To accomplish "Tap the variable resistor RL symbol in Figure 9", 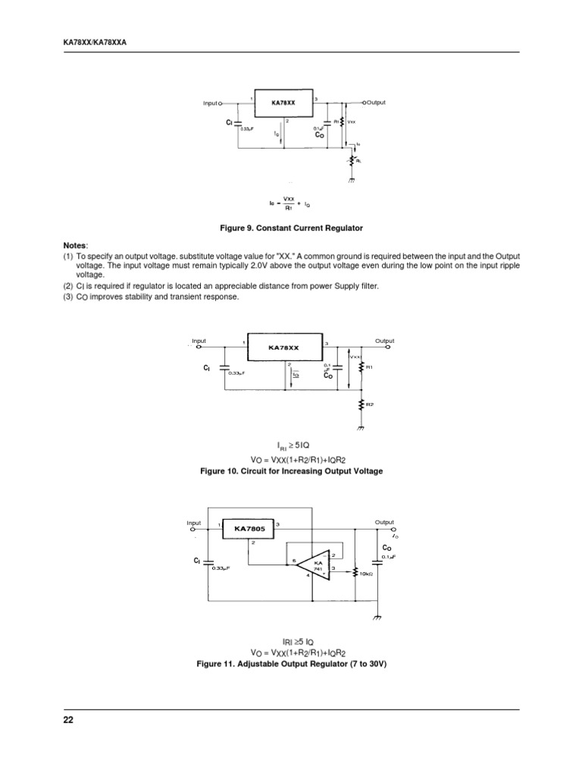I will click(x=351, y=160).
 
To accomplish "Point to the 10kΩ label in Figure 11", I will click(x=367, y=574).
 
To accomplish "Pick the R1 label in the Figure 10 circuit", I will click(x=370, y=367).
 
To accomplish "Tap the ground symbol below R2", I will click(x=362, y=426).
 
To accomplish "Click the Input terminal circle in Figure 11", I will click(x=195, y=529).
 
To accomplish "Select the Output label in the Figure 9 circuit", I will click(x=377, y=102).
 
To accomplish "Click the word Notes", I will click(x=75, y=246).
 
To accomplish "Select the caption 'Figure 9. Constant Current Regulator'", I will click(x=291, y=228).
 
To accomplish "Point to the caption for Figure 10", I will click(x=291, y=471).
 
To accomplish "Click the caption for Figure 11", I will click(x=291, y=664).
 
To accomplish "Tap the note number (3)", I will click(x=68, y=297).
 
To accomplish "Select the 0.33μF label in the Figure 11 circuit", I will click(x=223, y=568).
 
